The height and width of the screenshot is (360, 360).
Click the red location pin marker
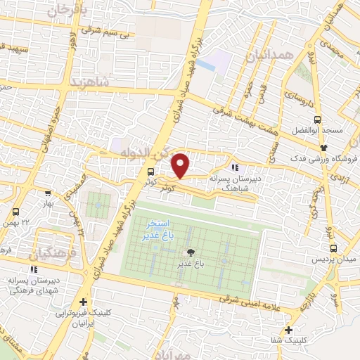pos(181,165)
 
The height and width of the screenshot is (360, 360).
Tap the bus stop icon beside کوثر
pos(150,172)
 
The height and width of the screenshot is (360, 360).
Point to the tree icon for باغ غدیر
pos(190,252)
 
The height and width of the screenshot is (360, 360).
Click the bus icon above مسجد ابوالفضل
pos(317,120)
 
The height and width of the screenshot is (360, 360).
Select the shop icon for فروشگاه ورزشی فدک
pos(324,148)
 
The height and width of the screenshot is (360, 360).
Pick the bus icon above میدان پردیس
pos(333,247)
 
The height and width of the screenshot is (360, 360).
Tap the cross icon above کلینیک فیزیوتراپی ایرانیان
pos(84,302)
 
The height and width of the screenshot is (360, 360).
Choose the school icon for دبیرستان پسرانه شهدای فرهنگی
pos(32,269)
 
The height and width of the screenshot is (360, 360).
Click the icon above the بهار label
pos(47,193)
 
